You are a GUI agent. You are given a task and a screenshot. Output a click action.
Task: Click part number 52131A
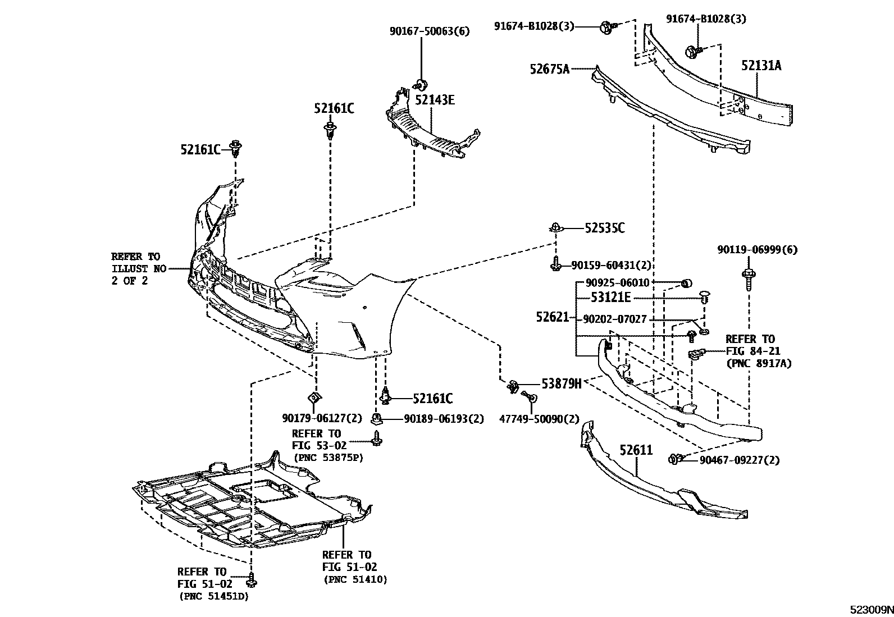pyautogui.click(x=761, y=66)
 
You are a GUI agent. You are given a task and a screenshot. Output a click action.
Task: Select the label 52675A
pyautogui.click(x=549, y=69)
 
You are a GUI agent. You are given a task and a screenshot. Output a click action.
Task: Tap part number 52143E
pyautogui.click(x=435, y=100)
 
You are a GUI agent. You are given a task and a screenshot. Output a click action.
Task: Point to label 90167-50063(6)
pyautogui.click(x=430, y=31)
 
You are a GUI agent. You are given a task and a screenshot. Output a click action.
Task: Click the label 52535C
pyautogui.click(x=604, y=228)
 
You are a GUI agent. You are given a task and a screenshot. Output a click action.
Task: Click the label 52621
pyautogui.click(x=553, y=317)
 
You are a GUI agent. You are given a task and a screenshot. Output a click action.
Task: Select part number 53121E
pyautogui.click(x=610, y=298)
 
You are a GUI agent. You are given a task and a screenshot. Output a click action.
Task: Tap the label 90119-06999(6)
pyautogui.click(x=756, y=249)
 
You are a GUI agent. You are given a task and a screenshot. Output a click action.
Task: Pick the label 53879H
pyautogui.click(x=561, y=383)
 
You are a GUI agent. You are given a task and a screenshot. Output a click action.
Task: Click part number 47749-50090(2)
pyautogui.click(x=539, y=419)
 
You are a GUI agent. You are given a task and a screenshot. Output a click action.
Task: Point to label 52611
pyautogui.click(x=636, y=450)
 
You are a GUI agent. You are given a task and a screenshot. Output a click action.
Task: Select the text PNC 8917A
pyautogui.click(x=759, y=364)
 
